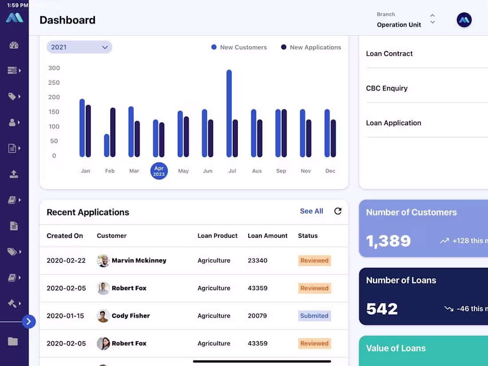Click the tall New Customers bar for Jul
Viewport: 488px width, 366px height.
pos(229,113)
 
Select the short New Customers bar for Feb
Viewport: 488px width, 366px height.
pos(106,146)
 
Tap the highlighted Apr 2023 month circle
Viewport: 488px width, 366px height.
pos(159,171)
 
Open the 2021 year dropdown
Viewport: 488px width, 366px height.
pos(79,47)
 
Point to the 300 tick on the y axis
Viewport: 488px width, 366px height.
pos(54,68)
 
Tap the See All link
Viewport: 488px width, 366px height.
pos(311,211)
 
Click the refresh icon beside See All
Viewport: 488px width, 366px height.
pos(338,211)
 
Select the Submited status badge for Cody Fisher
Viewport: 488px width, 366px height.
pos(314,316)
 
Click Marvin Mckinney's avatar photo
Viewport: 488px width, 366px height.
pos(103,260)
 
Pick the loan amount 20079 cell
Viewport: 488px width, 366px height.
pos(257,316)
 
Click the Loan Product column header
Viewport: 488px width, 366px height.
pos(217,236)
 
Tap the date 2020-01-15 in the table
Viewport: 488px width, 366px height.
pos(65,316)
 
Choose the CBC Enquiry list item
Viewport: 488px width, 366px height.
pos(387,88)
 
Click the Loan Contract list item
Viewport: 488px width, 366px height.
pos(389,54)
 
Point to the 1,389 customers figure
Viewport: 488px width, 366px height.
pos(388,241)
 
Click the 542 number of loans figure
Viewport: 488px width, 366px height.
pos(382,309)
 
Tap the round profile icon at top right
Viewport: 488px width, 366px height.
pos(464,20)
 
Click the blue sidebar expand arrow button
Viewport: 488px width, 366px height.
pos(28,322)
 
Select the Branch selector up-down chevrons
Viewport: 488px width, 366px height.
pos(433,19)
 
